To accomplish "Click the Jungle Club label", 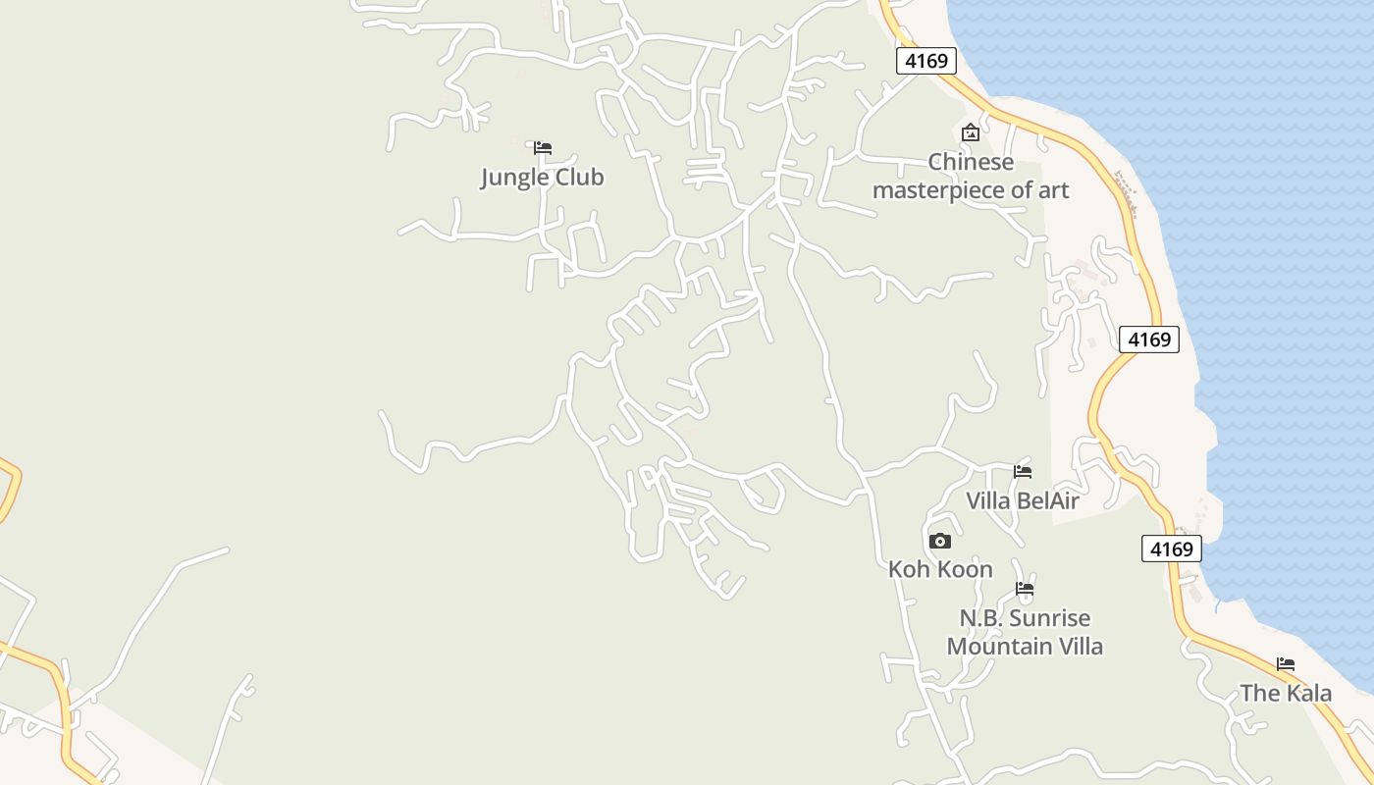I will tap(542, 178).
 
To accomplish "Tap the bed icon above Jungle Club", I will tap(543, 148).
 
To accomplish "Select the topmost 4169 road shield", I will tap(926, 61).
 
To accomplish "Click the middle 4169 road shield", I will tap(1148, 340).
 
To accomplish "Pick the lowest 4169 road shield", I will tap(1171, 549).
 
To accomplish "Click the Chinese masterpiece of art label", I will tap(971, 176).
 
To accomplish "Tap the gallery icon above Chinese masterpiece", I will tap(971, 132).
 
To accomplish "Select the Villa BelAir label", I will tap(1023, 501).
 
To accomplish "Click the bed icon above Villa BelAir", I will tap(1023, 472).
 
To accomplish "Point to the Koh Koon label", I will tap(940, 569).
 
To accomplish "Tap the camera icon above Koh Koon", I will tap(940, 541).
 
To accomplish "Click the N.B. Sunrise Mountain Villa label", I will tap(1025, 632).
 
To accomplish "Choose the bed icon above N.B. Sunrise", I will tap(1025, 590).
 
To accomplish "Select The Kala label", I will tap(1286, 694).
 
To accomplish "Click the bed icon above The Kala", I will tap(1286, 664).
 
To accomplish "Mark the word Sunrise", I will tap(1049, 618).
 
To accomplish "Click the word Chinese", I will tap(971, 162).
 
